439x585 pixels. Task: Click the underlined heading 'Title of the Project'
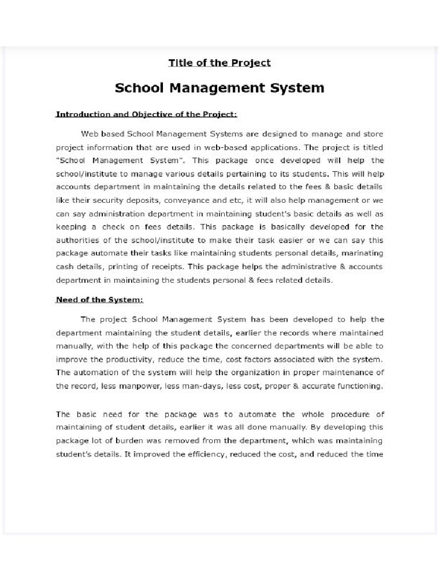(x=219, y=63)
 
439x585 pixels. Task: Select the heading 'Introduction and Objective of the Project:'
(x=146, y=114)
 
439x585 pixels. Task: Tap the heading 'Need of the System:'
(x=99, y=299)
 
